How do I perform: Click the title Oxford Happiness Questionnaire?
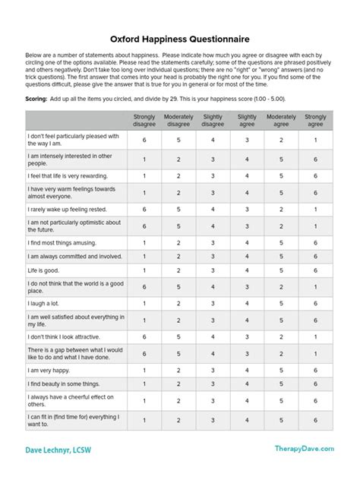click(180, 38)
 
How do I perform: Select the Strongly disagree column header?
click(144, 120)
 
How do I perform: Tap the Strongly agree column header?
click(315, 120)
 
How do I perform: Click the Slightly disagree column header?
click(213, 120)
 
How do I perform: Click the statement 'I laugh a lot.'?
click(46, 303)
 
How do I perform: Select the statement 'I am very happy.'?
click(51, 371)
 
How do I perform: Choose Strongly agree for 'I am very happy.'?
click(315, 371)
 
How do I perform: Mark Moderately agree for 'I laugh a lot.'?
click(281, 303)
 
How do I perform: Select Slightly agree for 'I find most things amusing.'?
click(247, 243)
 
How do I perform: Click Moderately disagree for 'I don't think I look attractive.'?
click(178, 336)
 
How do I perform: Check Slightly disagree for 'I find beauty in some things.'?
click(213, 384)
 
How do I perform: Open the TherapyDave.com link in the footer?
click(304, 449)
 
